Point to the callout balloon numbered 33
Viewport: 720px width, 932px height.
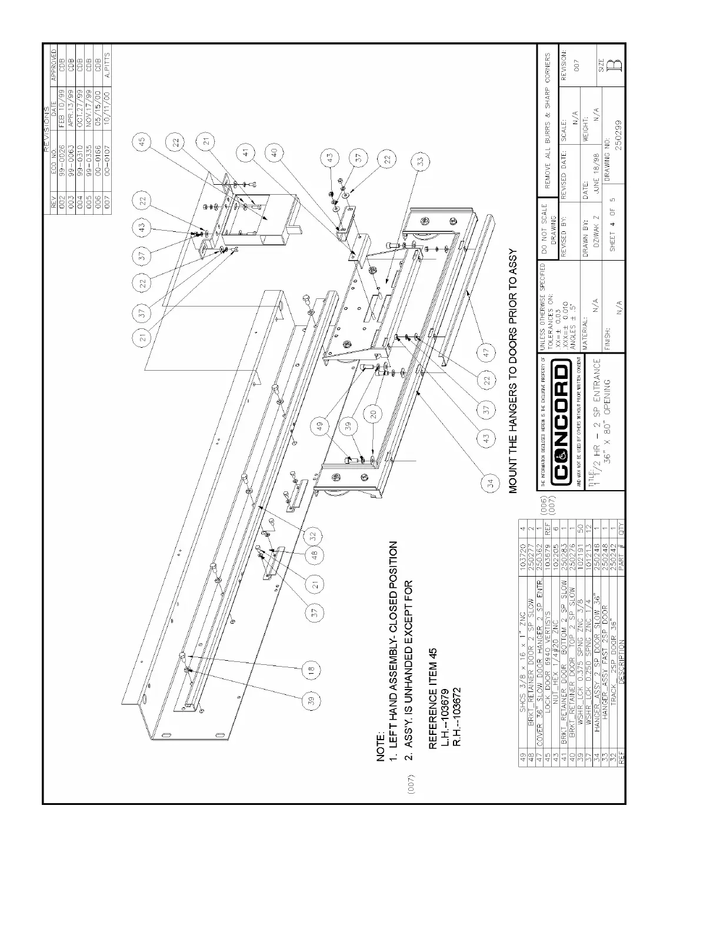click(x=421, y=160)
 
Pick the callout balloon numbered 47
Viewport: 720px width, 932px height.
click(x=486, y=352)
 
